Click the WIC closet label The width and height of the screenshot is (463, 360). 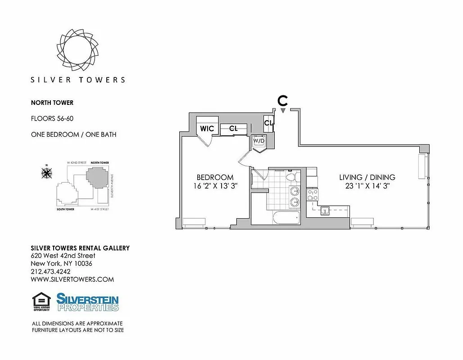click(207, 129)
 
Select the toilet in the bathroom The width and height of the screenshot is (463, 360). click(291, 176)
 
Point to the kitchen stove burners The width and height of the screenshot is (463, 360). click(312, 195)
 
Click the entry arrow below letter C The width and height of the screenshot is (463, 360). click(283, 111)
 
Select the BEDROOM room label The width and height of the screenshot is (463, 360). click(215, 177)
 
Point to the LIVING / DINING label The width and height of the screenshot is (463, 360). click(367, 177)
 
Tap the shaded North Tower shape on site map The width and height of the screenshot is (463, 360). click(97, 177)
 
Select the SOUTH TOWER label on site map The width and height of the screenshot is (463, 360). click(66, 209)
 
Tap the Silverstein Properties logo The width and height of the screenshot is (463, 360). click(88, 302)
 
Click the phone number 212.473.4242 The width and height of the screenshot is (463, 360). click(50, 271)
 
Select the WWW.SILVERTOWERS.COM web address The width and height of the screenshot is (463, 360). click(72, 279)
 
